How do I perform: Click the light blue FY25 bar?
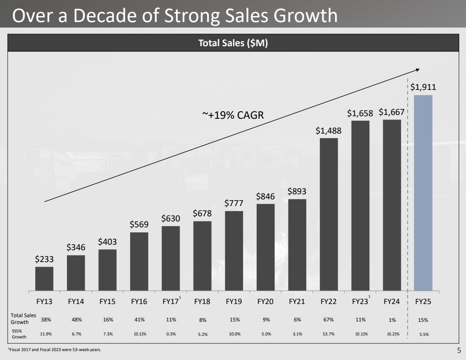pos(423,193)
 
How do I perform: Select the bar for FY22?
pos(329,214)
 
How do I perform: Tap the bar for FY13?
pos(44,279)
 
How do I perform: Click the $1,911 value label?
pos(423,87)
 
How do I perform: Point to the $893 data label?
pos(297,191)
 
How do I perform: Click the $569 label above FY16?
pos(139,225)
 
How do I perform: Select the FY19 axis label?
pos(234,302)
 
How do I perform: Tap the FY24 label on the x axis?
pos(392,302)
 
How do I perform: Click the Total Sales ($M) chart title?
pos(233,43)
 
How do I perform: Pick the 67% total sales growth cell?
pos(328,320)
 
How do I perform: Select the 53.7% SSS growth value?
pos(328,334)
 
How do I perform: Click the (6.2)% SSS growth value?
pos(392,334)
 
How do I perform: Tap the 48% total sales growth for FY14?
pos(76,320)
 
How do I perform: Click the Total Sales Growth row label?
pos(23,319)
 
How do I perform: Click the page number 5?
pos(459,350)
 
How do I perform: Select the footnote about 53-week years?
pos(55,350)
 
